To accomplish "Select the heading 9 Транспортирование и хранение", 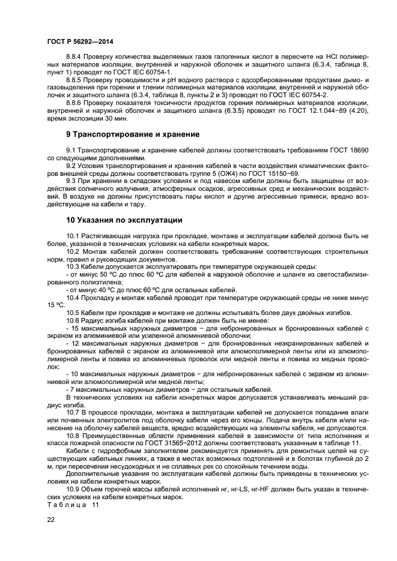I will pyautogui.click(x=133, y=134).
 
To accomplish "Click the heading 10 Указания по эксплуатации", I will pyautogui.click(x=124, y=220).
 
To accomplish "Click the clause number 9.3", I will pyautogui.click(x=72, y=181).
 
